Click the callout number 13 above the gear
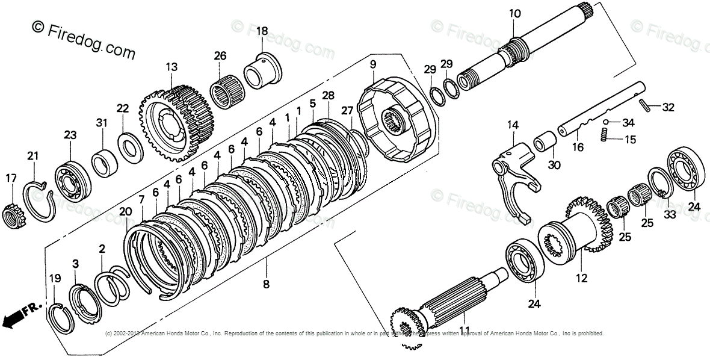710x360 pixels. (x=172, y=67)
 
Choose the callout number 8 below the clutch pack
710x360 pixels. (x=265, y=284)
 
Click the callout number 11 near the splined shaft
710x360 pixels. (x=464, y=331)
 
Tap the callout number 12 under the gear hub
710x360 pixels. (x=581, y=279)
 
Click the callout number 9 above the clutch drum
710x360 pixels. (x=372, y=64)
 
